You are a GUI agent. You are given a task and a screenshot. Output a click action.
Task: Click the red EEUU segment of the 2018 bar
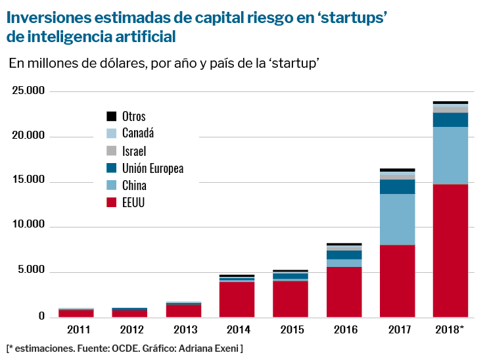click(450, 250)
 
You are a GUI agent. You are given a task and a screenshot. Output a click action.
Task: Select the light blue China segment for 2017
click(397, 219)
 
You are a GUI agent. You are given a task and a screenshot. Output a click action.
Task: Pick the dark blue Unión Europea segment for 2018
click(450, 120)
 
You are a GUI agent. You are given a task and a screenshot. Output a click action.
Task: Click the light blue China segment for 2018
click(450, 155)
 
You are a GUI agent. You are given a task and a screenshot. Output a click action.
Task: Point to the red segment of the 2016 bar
click(344, 291)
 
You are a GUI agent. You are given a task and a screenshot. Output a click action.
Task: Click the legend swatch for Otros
click(111, 116)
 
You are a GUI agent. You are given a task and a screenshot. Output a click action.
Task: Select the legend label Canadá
click(138, 133)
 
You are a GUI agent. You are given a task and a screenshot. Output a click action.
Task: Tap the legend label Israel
click(134, 151)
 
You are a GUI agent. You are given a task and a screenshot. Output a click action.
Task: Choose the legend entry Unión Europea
click(152, 168)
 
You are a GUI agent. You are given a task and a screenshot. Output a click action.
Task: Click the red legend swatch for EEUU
click(111, 203)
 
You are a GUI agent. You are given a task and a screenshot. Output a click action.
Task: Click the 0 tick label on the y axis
click(41, 316)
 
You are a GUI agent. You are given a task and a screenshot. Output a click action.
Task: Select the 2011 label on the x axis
click(77, 328)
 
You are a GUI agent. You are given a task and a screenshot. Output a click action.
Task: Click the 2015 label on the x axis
click(291, 328)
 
